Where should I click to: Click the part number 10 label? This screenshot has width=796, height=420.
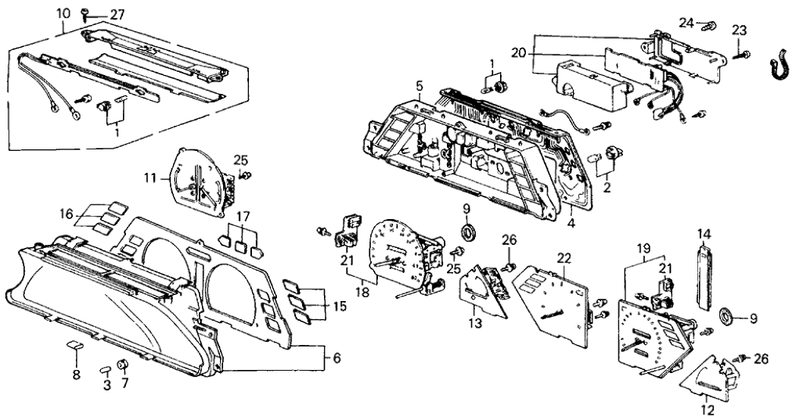click(x=62, y=13)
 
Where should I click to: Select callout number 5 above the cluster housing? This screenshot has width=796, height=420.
click(x=420, y=86)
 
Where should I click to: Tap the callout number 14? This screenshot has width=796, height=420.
click(x=702, y=235)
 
